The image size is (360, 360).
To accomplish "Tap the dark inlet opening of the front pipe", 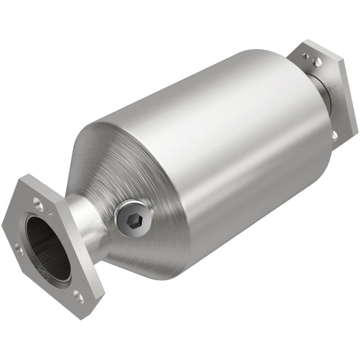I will tap(47, 248).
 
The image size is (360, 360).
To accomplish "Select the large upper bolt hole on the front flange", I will tap(38, 203).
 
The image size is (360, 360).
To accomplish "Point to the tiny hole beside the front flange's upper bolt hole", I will tap(50, 213).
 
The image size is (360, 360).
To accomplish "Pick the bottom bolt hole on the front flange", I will tap(78, 295).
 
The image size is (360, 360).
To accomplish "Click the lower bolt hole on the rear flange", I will tap(335, 136).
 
